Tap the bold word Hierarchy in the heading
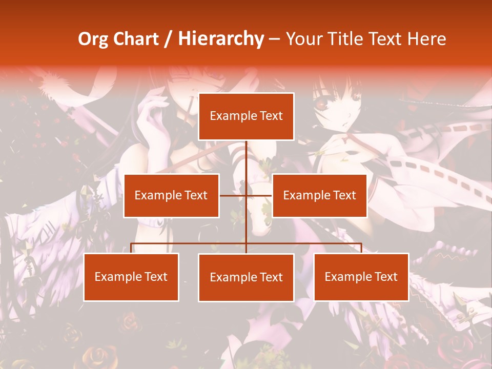click(221, 39)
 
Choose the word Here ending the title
click(426, 39)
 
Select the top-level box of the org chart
click(246, 116)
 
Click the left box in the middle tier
click(171, 195)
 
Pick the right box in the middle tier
click(319, 195)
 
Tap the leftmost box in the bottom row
click(131, 277)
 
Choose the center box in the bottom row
click(246, 277)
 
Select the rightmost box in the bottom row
click(361, 277)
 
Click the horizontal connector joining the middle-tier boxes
click(233, 195)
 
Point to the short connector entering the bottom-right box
click(361, 248)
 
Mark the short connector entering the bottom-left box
click(131, 248)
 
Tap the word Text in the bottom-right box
click(386, 277)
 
